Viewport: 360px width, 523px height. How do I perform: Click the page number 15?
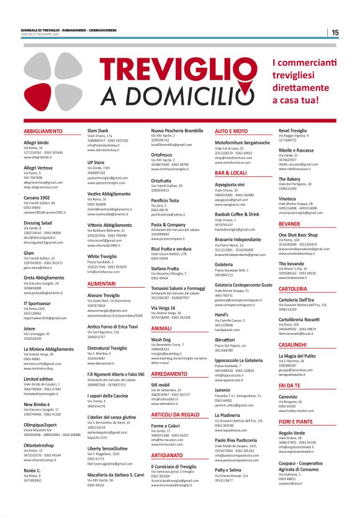coord(335,32)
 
